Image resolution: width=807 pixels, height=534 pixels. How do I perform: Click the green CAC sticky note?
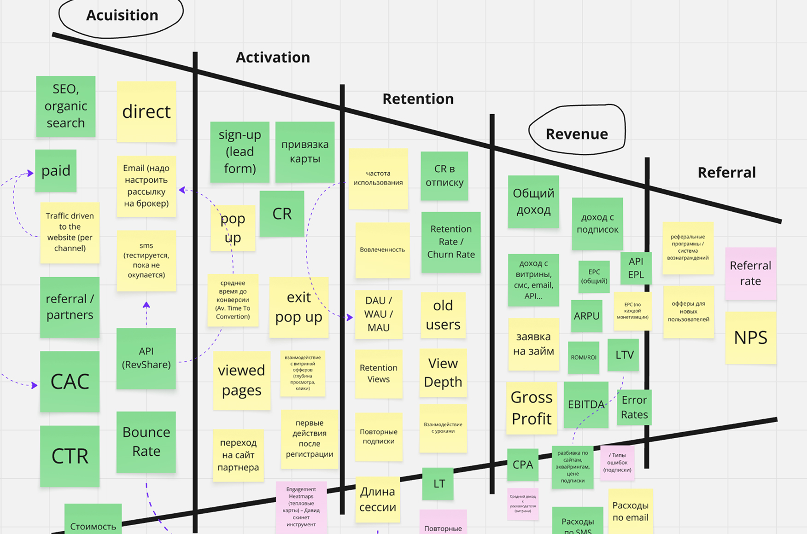click(70, 381)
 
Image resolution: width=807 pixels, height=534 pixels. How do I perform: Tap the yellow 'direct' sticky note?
click(146, 111)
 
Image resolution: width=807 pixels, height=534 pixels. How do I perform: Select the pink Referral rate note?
click(750, 273)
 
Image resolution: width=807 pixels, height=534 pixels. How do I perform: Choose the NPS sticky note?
click(750, 338)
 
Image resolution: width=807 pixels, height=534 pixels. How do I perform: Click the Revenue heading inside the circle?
click(577, 134)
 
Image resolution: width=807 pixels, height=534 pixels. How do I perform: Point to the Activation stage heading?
click(273, 58)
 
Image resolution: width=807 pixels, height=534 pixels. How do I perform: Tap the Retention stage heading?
click(418, 99)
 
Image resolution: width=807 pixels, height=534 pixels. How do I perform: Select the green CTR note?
click(70, 456)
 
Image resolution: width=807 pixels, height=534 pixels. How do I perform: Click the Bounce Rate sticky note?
click(146, 442)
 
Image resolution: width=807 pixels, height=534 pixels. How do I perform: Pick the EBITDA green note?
click(586, 405)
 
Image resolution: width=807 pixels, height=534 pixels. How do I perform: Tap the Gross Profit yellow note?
click(532, 408)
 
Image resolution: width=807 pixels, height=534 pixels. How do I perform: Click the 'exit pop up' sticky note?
click(298, 307)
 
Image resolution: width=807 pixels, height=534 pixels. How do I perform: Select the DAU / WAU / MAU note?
click(378, 314)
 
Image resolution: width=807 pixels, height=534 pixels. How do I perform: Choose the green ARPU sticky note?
click(586, 316)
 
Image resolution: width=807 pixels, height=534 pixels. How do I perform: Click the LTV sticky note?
click(624, 355)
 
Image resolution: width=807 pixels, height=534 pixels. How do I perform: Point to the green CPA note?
click(523, 464)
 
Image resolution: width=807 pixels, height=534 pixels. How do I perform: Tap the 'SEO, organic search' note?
click(65, 106)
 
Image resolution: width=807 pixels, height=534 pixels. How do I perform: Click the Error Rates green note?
click(634, 407)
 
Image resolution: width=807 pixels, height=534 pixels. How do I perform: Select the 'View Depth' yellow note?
click(443, 372)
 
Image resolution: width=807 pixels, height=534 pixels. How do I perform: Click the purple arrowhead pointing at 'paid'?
click(30, 173)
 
